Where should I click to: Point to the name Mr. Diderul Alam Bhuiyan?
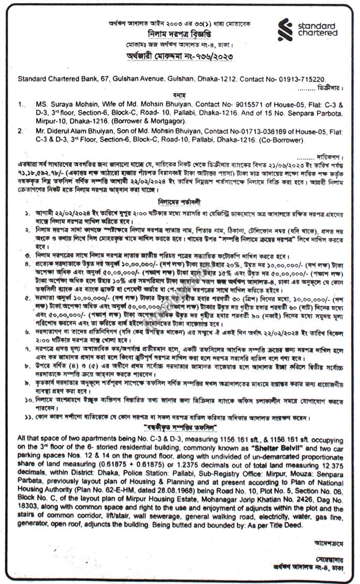[x=72, y=132]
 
